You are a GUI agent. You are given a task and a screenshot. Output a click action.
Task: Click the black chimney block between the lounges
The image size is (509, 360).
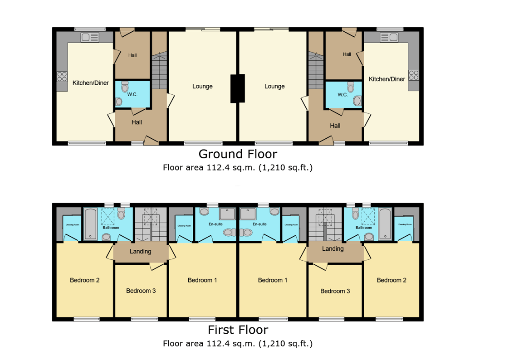(x=237, y=88)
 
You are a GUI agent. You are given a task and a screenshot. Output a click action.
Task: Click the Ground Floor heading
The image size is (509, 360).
(x=237, y=154)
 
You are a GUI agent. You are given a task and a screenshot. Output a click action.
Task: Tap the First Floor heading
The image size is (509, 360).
(x=237, y=330)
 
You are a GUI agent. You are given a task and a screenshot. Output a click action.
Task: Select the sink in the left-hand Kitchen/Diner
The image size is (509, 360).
(x=89, y=37)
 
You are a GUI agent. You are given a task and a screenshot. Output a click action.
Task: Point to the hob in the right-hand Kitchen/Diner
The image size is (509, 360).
(x=413, y=75)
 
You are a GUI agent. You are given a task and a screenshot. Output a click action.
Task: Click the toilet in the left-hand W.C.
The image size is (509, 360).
(x=125, y=87)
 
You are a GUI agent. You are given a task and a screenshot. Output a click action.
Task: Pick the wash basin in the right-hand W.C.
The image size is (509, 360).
(x=357, y=100)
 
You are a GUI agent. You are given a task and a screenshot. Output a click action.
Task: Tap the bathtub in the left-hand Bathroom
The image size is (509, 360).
(x=90, y=224)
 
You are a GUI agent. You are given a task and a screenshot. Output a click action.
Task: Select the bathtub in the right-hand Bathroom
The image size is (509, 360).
(x=385, y=224)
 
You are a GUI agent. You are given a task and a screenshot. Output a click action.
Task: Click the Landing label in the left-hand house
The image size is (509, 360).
(x=140, y=251)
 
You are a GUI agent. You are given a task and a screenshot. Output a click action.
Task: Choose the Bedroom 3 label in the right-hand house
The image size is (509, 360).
(x=335, y=291)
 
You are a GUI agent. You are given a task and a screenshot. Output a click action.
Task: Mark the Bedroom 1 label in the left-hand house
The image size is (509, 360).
(x=202, y=280)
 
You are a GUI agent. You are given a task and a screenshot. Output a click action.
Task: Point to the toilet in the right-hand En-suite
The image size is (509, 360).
(x=274, y=212)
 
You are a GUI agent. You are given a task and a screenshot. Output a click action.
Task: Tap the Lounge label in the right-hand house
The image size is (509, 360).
(x=274, y=86)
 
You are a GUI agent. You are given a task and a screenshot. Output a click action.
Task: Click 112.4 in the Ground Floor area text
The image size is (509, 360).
(x=220, y=167)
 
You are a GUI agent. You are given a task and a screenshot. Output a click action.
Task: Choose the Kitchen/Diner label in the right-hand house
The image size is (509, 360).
(x=387, y=79)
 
